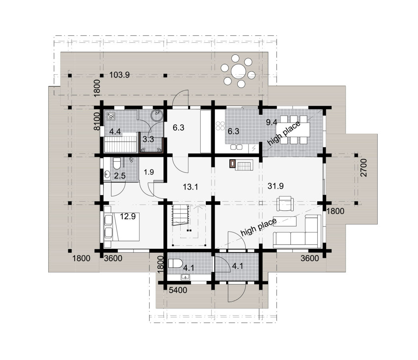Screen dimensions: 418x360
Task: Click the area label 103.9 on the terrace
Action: point(119,75)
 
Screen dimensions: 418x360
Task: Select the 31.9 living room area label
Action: point(275,186)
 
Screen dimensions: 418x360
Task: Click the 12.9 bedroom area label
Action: point(127,216)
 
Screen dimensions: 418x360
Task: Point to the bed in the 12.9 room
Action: point(125,226)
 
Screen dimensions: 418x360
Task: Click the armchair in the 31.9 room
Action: point(285,203)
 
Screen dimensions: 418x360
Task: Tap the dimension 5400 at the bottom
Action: point(178,290)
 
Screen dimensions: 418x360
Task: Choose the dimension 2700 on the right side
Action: point(364,168)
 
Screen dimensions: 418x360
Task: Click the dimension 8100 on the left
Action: point(97,121)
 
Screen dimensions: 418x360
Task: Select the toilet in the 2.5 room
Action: point(117,163)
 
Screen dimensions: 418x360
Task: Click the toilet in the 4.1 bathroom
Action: point(175,263)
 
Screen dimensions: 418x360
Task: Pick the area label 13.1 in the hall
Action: point(190,187)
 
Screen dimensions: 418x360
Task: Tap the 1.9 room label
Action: point(149,172)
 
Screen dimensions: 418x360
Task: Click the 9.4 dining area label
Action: point(272,122)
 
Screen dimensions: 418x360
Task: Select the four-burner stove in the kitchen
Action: point(220,126)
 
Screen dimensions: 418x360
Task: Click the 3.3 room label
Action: point(148,139)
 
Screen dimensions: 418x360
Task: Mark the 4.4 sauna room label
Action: point(115,132)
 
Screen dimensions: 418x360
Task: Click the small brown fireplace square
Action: point(233,163)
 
